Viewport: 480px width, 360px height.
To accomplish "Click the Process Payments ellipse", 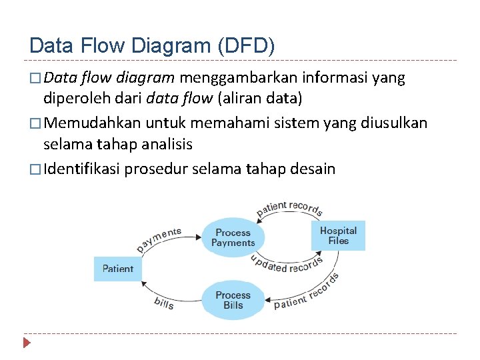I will (x=233, y=238).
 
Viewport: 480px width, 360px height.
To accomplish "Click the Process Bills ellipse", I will (x=233, y=300).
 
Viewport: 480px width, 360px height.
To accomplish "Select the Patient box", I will (x=118, y=269).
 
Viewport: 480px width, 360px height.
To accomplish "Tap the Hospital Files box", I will (x=338, y=235).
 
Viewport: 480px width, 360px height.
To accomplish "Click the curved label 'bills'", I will (x=164, y=303).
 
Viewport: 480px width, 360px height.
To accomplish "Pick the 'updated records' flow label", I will (x=287, y=265).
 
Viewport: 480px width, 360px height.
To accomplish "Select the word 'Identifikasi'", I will (x=81, y=169).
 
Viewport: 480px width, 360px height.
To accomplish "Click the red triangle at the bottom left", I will (x=27, y=343).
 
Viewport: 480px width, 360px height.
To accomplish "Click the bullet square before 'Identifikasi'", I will (x=35, y=169).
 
